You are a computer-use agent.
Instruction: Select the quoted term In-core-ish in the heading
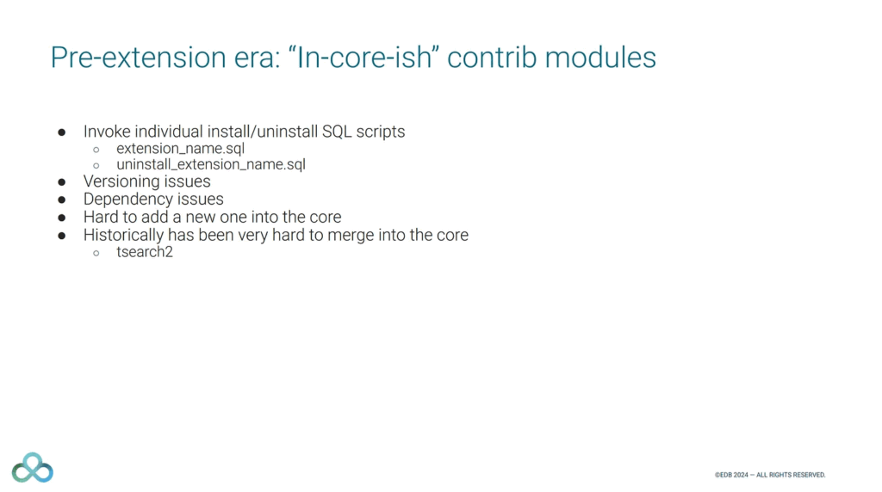pos(363,58)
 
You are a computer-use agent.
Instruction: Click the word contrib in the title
pos(492,58)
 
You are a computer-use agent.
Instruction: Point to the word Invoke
pos(107,132)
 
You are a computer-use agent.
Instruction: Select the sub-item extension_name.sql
pos(181,149)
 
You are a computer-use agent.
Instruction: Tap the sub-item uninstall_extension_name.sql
pos(211,164)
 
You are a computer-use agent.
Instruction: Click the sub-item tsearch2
pos(145,252)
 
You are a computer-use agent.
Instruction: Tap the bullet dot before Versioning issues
pos(62,182)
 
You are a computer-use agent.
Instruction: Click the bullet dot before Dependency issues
pos(62,200)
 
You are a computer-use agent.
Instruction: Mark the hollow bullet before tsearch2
pos(96,253)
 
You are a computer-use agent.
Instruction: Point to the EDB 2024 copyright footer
pos(770,475)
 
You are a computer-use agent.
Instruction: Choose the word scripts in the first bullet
pos(380,132)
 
